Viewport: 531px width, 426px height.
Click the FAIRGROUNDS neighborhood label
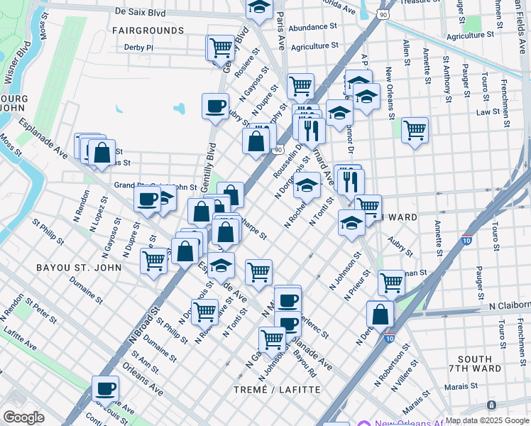[x=148, y=31]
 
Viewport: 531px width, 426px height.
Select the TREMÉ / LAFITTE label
[x=277, y=390]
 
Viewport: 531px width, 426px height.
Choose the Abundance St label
[x=313, y=27]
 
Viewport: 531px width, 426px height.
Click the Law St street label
[x=488, y=112]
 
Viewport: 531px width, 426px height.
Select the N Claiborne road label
[x=509, y=305]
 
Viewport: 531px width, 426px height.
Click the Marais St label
[x=464, y=387]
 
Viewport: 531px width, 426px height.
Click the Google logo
[x=23, y=417]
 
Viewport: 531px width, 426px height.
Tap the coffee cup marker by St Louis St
[x=105, y=388]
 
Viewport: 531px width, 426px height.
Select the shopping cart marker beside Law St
[x=415, y=130]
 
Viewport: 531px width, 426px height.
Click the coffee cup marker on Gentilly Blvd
[x=215, y=106]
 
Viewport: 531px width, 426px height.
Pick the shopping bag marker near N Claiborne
[x=381, y=314]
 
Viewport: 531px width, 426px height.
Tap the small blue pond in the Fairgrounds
[x=178, y=109]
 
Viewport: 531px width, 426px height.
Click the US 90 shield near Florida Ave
[x=383, y=13]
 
